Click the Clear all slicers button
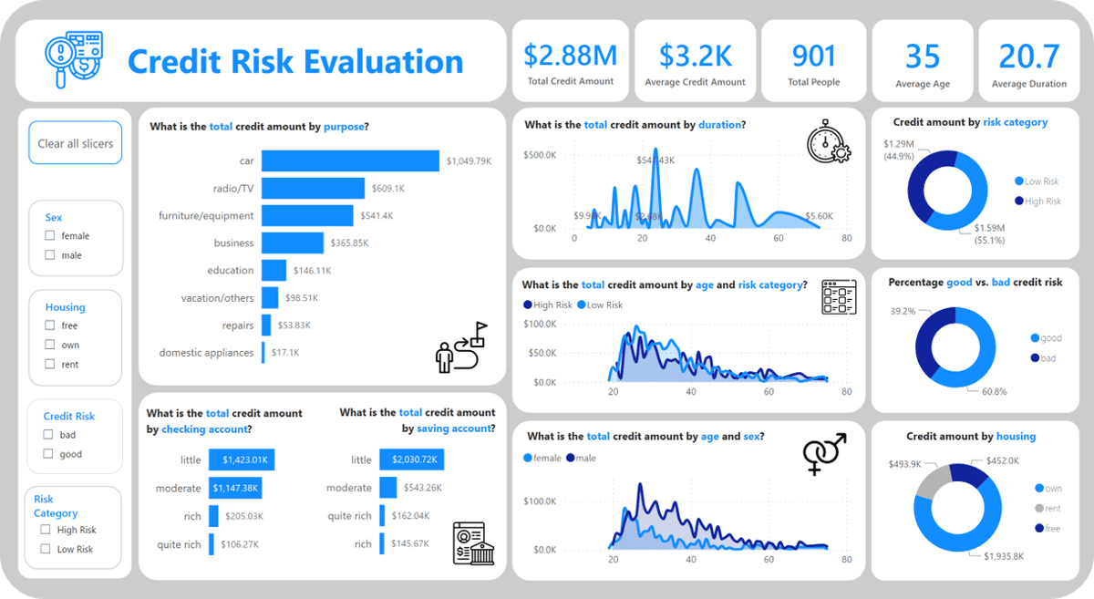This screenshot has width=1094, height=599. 76,143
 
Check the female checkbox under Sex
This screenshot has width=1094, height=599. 50,236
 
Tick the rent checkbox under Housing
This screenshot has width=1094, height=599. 50,365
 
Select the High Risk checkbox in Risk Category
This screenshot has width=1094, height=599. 45,530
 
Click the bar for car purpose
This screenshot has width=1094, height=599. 350,160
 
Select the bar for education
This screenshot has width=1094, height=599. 273,271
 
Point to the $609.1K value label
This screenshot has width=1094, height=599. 388,189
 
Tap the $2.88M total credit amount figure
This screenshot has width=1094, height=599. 570,56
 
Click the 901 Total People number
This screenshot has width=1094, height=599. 813,56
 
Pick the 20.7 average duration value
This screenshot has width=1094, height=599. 1029,56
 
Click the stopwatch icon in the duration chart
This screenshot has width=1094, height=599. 828,141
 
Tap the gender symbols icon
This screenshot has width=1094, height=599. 824,453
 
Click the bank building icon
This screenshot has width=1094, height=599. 473,543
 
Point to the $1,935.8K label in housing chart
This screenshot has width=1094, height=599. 1004,555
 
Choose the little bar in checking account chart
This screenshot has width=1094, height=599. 242,460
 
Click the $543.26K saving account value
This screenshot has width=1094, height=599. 421,489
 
